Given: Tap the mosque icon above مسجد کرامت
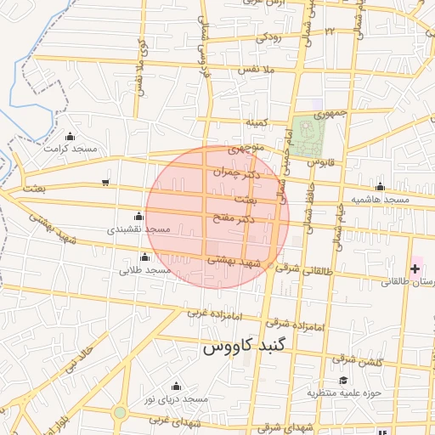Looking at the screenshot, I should pos(71,136).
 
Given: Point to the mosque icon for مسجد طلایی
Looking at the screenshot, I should pos(144,257).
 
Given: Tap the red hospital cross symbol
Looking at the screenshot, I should pos(415,268).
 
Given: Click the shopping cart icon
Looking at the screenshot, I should pos(105,181).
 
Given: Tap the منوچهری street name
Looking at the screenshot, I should pos(247,149).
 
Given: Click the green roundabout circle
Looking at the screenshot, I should pos(120,414).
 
